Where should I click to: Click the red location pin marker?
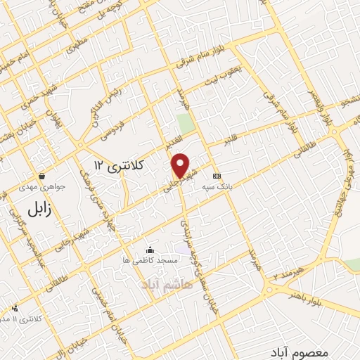click(181, 165)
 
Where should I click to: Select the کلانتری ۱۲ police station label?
click(117, 165)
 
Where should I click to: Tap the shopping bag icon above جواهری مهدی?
click(43, 176)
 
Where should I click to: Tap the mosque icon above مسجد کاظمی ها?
click(150, 250)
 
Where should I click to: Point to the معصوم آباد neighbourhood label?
click(298, 349)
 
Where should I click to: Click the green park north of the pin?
click(186, 124)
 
